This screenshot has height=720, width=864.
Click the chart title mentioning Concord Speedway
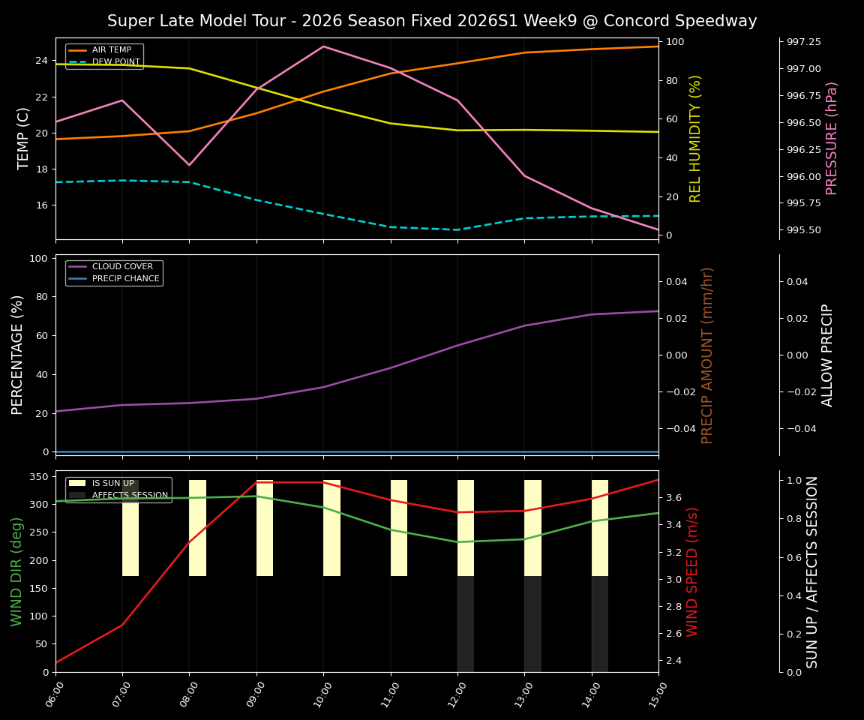[432, 21]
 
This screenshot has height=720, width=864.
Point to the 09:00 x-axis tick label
[256, 694]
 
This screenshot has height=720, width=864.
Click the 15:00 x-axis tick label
[658, 694]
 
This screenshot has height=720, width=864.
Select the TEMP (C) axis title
[24, 138]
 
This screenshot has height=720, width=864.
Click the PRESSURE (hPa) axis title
[832, 138]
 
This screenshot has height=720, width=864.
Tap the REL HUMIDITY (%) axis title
[695, 138]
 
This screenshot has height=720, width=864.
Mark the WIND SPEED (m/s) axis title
[692, 571]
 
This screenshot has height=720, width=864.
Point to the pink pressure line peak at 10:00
[323, 46]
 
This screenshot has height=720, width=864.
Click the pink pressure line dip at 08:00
[189, 165]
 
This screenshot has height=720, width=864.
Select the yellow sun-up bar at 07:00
[130, 528]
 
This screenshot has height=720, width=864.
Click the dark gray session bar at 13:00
[532, 624]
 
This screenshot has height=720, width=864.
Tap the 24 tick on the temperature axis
[42, 61]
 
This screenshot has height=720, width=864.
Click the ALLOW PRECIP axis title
[827, 355]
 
